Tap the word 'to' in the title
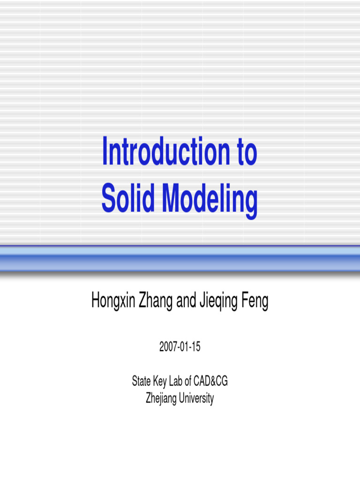pyautogui.click(x=244, y=152)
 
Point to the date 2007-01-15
pyautogui.click(x=180, y=347)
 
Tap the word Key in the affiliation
pyautogui.click(x=162, y=382)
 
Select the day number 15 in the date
pyautogui.click(x=196, y=347)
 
